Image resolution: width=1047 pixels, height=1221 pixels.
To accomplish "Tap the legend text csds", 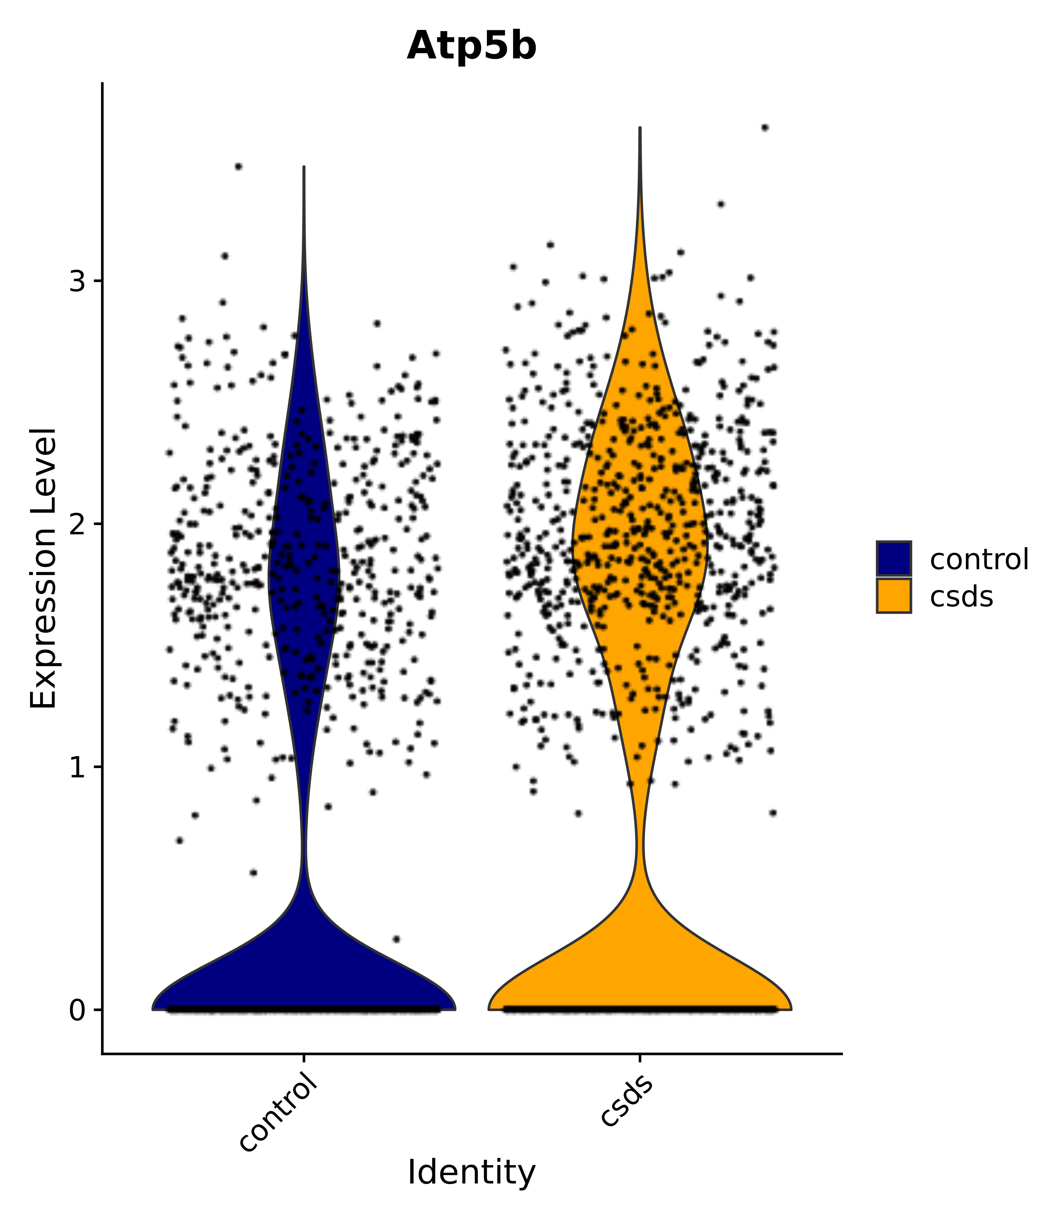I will tap(961, 597).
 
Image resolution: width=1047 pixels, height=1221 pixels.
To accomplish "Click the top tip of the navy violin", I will tap(304, 167).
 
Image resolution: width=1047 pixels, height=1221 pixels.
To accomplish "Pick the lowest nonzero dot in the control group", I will tap(396, 939).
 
